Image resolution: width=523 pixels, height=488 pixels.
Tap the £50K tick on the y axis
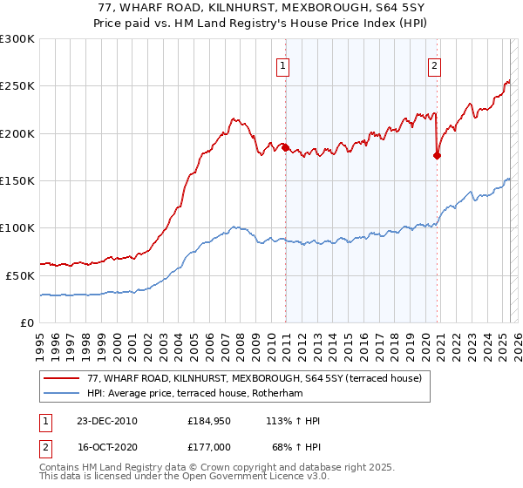click(20, 274)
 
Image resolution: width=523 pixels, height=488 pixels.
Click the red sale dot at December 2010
click(285, 147)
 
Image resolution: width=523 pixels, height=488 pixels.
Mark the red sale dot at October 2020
click(437, 156)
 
